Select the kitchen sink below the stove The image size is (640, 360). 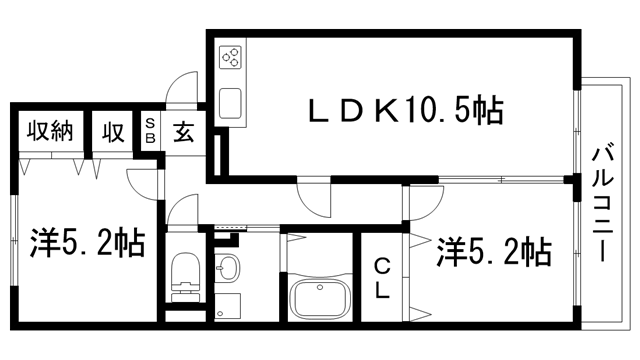click(x=230, y=102)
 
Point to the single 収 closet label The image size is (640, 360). click(x=111, y=131)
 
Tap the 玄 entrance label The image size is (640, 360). click(x=185, y=131)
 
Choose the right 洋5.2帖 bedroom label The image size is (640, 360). click(x=493, y=250)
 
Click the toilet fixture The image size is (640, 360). click(x=186, y=275)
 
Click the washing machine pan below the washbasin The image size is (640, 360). click(x=229, y=306)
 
